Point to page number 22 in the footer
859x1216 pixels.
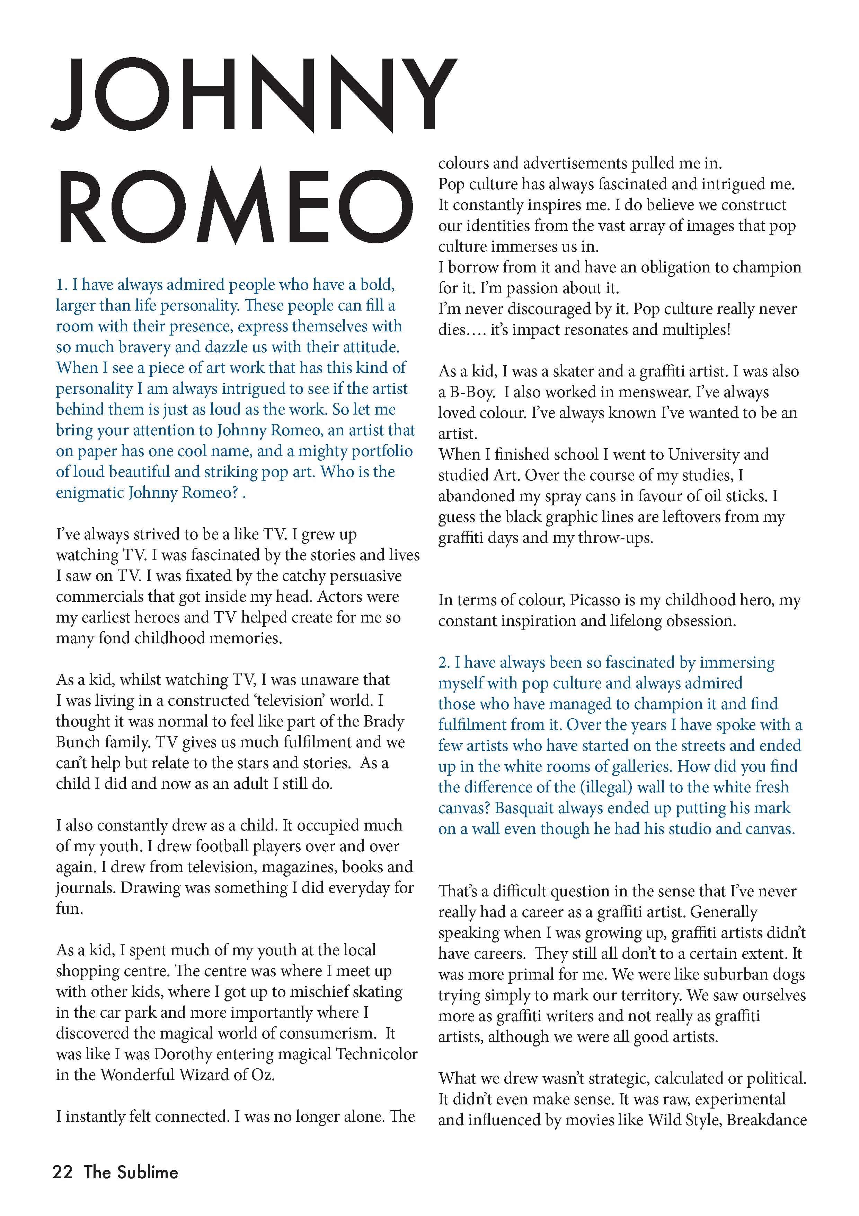pyautogui.click(x=62, y=1172)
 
